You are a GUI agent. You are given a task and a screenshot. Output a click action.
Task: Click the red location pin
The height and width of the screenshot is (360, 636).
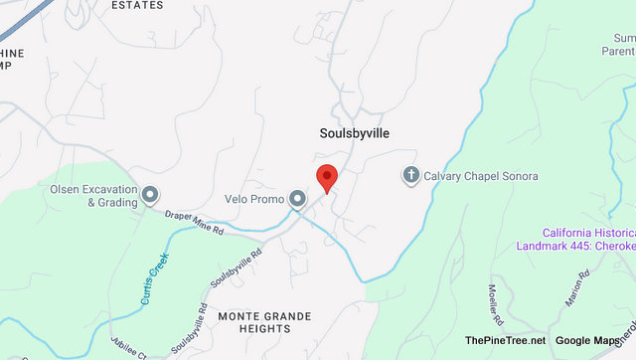327,178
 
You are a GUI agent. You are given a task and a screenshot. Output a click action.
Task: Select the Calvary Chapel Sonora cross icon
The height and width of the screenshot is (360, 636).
409,176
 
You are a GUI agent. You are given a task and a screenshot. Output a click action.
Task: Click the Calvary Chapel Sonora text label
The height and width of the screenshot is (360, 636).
481,176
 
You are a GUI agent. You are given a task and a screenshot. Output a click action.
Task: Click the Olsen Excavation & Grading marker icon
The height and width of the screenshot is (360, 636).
149,194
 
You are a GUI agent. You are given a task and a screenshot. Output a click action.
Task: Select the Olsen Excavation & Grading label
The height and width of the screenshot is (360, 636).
93,194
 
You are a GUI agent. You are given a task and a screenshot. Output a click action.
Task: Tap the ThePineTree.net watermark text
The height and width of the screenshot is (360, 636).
506,341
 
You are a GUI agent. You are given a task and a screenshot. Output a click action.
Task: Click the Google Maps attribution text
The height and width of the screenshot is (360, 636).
587,341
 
